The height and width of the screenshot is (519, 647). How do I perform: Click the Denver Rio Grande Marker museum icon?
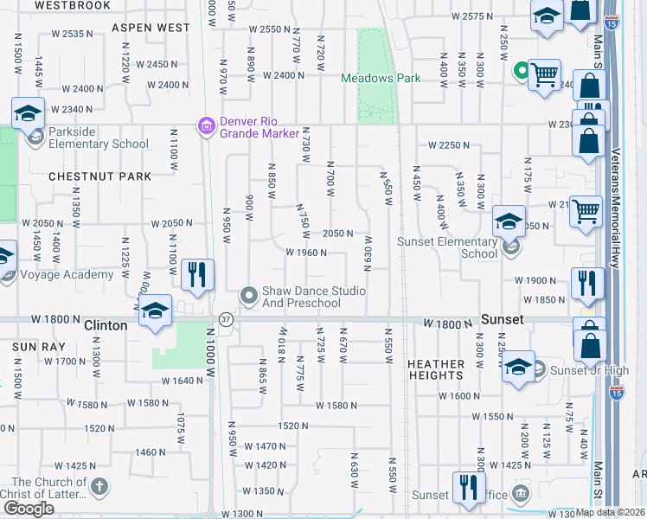(x=206, y=127)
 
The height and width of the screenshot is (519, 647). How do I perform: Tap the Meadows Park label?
(x=381, y=78)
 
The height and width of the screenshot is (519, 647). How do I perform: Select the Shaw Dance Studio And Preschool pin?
(x=249, y=297)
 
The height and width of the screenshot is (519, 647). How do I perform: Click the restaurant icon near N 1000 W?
(x=198, y=274)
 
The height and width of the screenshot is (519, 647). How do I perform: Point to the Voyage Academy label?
(x=66, y=275)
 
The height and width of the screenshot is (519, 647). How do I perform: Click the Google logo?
(x=29, y=509)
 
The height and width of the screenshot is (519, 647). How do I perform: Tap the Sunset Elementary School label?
(x=447, y=247)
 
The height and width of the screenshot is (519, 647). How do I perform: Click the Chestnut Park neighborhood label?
(x=100, y=176)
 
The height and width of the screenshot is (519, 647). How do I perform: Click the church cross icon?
(x=99, y=487)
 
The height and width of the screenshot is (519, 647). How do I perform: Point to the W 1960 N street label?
(x=306, y=253)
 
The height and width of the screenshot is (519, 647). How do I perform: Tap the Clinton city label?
(x=106, y=326)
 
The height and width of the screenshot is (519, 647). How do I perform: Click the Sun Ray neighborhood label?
(x=33, y=346)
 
